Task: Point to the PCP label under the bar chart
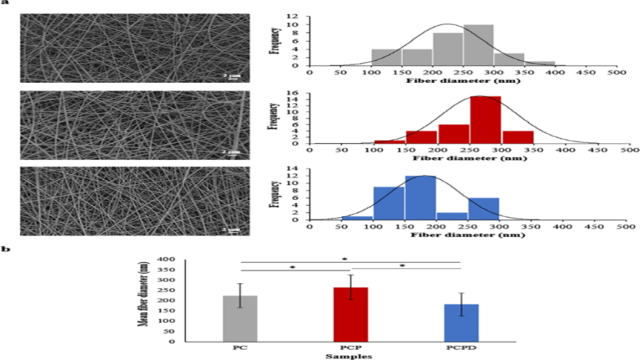345,347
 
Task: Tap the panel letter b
6,249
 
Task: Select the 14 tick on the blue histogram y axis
298,169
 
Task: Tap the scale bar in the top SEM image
224,77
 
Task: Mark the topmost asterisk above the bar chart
345,259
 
